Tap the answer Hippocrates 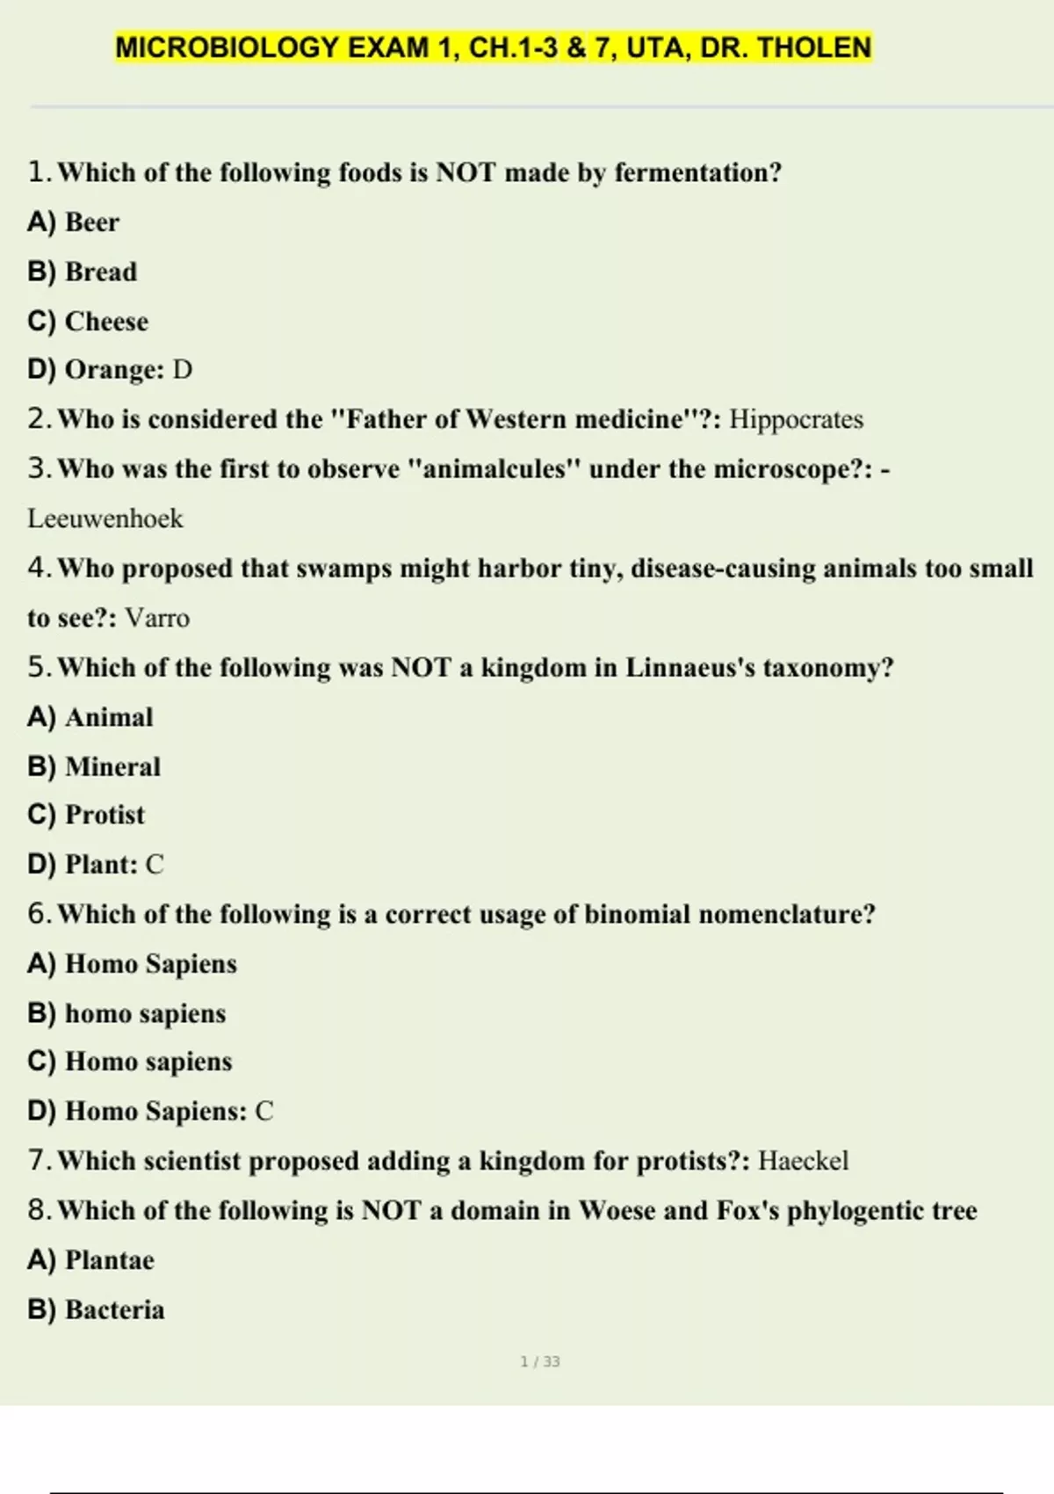point(796,419)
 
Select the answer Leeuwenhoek point(105,519)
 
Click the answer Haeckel point(803,1161)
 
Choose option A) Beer point(74,222)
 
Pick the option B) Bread point(83,272)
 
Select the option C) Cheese point(88,322)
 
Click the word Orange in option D point(111,370)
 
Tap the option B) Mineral point(94,767)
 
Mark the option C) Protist point(86,815)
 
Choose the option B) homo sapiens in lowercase point(126,1013)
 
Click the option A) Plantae point(91,1260)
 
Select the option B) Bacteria point(97,1309)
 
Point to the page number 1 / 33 point(540,1361)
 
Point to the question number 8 point(39,1210)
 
